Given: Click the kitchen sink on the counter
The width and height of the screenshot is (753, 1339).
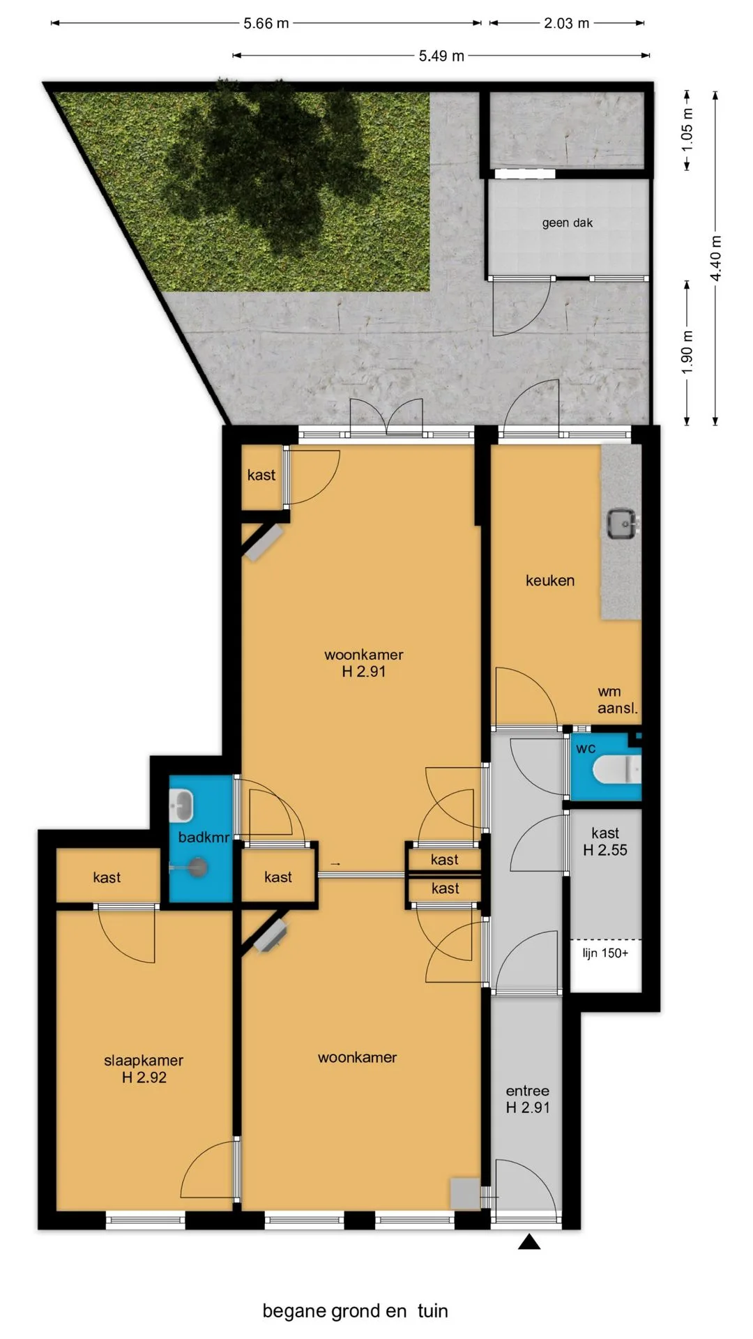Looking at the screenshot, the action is coord(622,524).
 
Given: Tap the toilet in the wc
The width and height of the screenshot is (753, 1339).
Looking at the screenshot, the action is coord(617,770).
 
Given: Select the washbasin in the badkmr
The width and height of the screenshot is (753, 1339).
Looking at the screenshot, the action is coord(181,806).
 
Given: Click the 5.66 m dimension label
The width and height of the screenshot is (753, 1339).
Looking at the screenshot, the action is coord(266,23).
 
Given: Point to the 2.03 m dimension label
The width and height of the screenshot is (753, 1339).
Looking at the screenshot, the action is coord(567,23).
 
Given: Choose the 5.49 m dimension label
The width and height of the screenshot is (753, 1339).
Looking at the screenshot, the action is coord(441,56).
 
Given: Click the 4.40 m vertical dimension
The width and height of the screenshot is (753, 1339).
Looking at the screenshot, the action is coord(716,258).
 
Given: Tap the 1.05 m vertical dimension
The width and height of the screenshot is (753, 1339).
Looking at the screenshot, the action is coord(687,129).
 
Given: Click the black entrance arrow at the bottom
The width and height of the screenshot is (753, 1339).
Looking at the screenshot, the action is coord(529,1241).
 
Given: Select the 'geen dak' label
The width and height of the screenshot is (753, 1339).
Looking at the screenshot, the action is coord(568,223).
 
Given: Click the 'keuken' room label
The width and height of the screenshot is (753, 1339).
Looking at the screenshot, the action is coord(550,580).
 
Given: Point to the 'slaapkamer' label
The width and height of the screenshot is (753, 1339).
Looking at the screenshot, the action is coord(144,1060).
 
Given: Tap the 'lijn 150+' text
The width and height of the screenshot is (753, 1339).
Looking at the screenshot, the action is coord(605,953).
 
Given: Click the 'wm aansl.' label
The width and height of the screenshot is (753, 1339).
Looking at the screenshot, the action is coord(617,699).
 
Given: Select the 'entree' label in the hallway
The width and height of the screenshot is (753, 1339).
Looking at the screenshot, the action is coord(528,1091).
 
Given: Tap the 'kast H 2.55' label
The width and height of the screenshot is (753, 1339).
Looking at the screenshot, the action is coord(605,841).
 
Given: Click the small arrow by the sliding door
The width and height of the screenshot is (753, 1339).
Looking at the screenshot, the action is coord(335,864).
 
